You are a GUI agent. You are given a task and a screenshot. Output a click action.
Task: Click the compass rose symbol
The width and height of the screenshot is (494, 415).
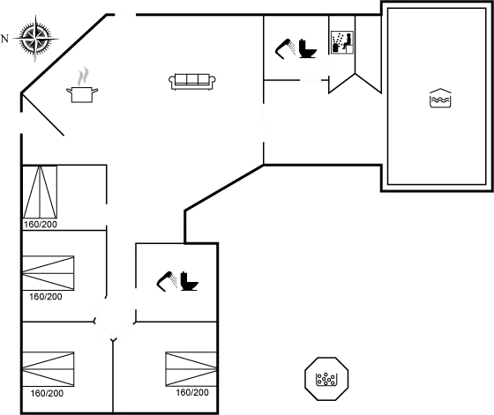click(34, 38)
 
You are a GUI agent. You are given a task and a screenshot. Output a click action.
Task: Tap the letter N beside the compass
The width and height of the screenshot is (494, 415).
click(5, 39)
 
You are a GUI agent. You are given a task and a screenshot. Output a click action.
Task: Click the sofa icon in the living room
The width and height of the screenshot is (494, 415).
click(192, 81)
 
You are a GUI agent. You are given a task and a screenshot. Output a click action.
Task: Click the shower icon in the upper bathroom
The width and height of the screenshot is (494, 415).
click(294, 49)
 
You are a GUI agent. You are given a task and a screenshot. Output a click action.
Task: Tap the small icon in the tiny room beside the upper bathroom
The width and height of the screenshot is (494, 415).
click(341, 41)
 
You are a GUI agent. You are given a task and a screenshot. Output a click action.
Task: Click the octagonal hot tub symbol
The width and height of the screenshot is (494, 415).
click(327, 379)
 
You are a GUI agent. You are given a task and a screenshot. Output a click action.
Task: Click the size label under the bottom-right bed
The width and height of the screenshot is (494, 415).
click(191, 392)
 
